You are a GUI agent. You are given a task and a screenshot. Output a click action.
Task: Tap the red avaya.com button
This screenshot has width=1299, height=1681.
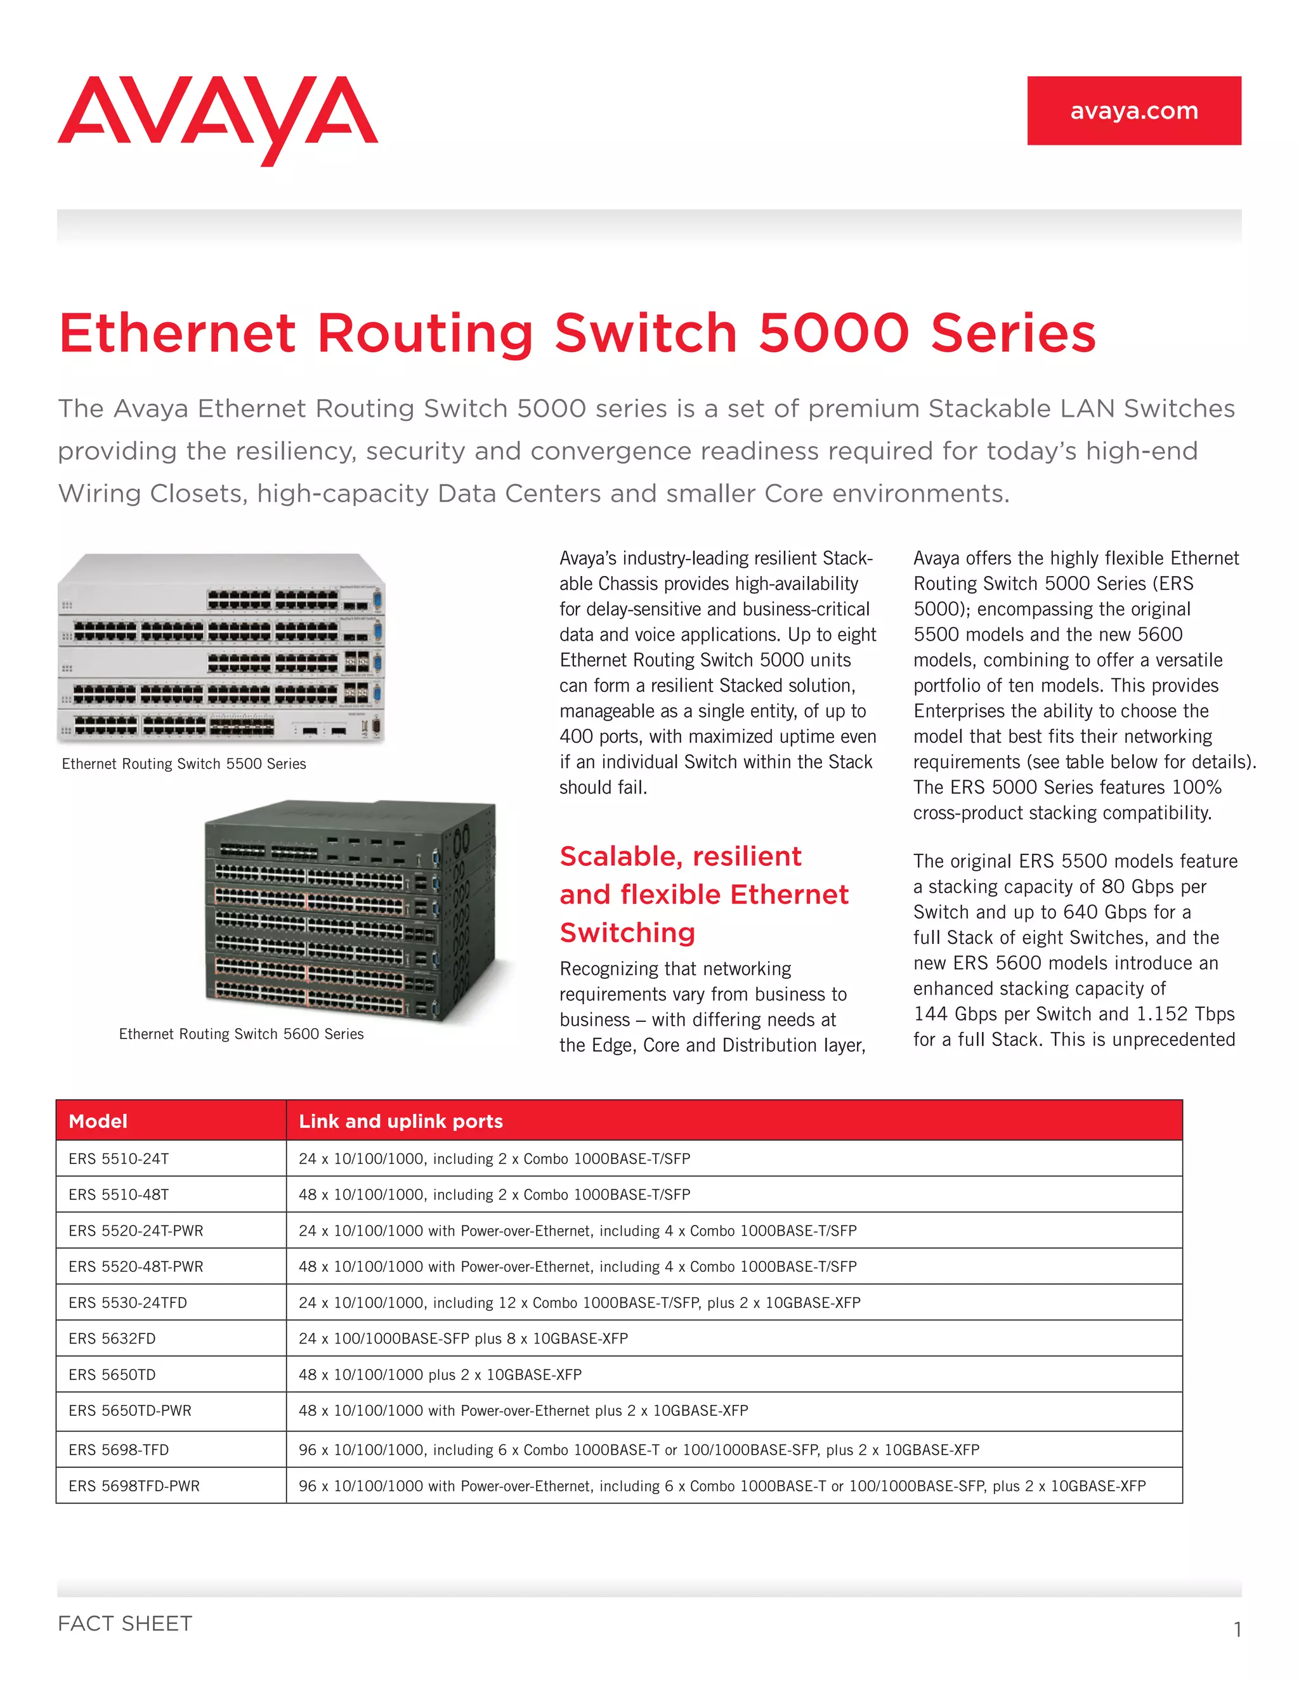pos(1133,111)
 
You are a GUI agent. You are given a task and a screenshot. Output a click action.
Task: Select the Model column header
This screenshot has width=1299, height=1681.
pos(98,1122)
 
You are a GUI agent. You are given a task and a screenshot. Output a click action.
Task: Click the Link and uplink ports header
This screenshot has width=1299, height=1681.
pos(400,1122)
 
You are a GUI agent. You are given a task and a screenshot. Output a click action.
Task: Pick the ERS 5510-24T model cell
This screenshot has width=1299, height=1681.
pos(119,1159)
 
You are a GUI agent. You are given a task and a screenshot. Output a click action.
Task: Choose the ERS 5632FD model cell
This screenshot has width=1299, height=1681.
pos(112,1338)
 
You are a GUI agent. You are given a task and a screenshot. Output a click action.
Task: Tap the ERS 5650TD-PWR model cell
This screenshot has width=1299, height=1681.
pos(129,1411)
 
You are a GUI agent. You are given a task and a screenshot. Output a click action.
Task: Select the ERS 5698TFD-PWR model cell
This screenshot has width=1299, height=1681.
pos(134,1486)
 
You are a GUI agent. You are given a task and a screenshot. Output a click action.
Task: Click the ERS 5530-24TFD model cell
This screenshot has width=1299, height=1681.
pos(127,1303)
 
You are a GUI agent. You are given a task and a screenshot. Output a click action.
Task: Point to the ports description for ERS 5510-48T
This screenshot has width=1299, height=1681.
pos(494,1195)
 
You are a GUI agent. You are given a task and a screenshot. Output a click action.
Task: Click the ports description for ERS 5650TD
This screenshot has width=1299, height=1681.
pos(440,1375)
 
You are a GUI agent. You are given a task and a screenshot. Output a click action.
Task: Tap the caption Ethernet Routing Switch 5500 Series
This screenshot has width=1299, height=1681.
pos(184,764)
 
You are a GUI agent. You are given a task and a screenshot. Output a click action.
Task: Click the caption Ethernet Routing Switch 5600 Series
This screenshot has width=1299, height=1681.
pos(241,1035)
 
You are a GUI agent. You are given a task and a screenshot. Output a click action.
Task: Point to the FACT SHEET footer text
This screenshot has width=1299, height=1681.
pos(125,1624)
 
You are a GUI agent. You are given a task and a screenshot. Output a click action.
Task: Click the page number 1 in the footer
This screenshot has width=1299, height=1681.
pos(1237,1630)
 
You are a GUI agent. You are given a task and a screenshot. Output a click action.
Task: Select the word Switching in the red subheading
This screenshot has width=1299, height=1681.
pos(627,933)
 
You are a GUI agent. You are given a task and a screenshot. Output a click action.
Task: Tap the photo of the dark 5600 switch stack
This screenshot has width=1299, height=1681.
pos(350,912)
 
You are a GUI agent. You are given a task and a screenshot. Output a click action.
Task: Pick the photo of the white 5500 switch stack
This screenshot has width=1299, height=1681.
pos(221,649)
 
